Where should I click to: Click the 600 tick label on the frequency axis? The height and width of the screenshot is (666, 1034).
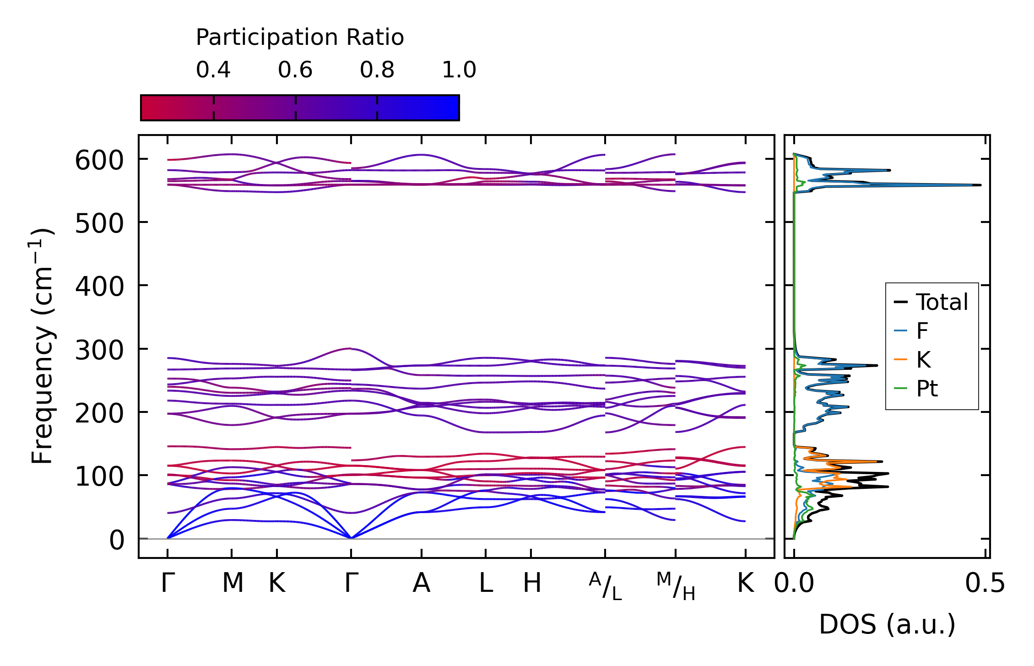click(99, 161)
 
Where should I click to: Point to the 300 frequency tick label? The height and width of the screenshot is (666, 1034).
click(99, 351)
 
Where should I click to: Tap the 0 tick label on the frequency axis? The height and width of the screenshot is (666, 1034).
click(116, 541)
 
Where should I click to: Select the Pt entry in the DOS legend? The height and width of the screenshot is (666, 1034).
click(927, 389)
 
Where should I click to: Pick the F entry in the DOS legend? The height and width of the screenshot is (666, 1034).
click(922, 331)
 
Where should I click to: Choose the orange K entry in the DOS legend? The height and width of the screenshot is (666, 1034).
click(924, 360)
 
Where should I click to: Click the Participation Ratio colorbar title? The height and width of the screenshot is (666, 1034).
click(300, 38)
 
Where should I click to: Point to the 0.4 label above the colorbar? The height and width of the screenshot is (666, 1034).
click(213, 70)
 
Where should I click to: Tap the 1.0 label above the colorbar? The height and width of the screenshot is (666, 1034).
click(459, 70)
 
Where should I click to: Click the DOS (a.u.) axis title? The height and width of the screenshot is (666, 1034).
click(887, 625)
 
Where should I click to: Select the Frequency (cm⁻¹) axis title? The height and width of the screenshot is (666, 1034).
click(43, 346)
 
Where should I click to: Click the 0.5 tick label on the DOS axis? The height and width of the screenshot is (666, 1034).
click(985, 584)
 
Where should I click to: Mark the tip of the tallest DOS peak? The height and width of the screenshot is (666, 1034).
click(980, 185)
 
